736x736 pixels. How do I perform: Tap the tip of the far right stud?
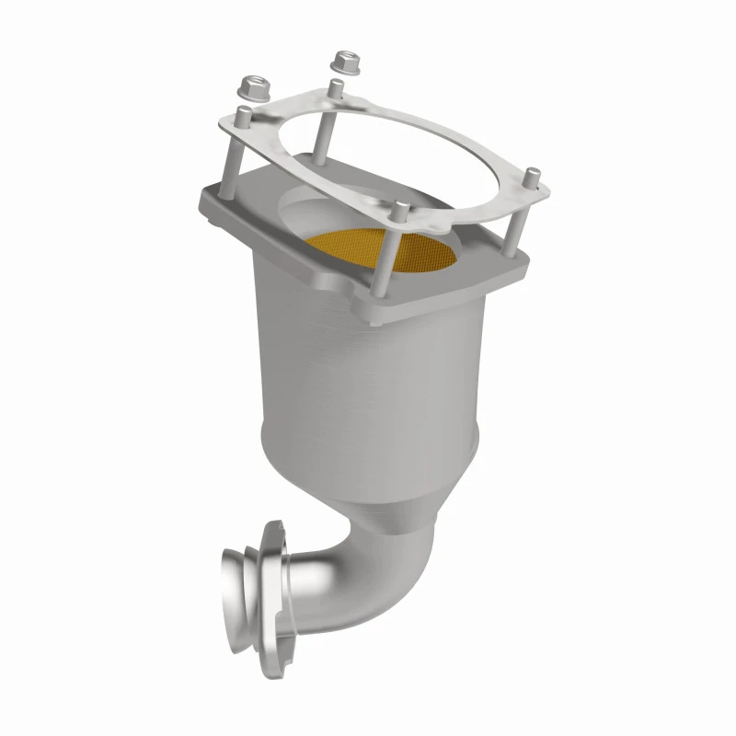[x=531, y=171]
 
